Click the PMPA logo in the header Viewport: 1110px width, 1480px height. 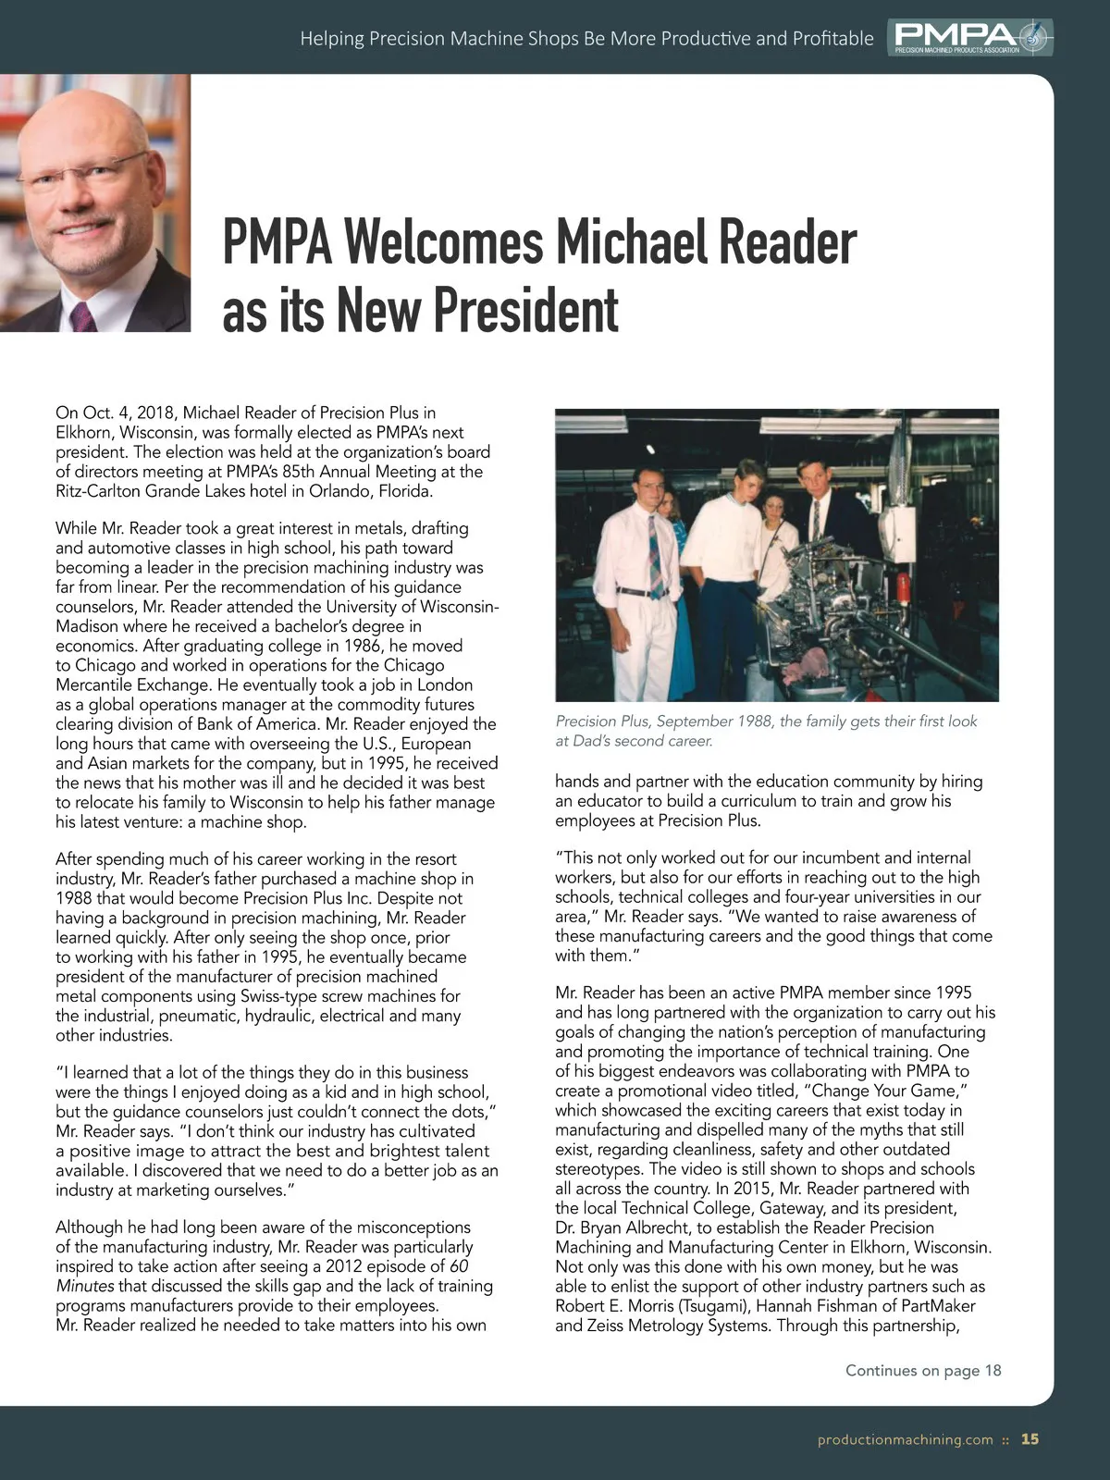970,37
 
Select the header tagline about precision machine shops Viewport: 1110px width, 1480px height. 586,39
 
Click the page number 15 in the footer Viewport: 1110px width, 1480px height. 1030,1439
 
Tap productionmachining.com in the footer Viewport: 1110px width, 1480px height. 905,1440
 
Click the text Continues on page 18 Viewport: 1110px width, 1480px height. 923,1370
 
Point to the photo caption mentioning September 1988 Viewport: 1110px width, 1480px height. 766,731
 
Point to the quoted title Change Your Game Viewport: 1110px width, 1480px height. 889,1091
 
